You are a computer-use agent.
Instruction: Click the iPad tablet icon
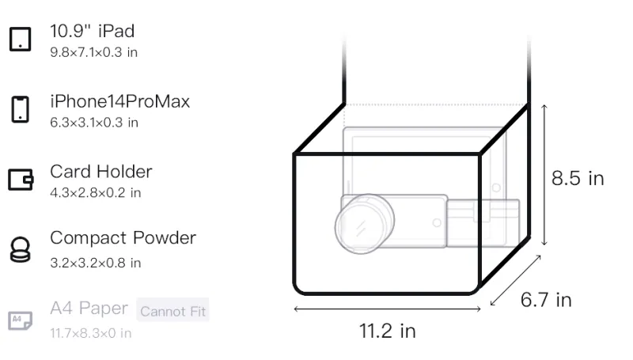click(x=21, y=39)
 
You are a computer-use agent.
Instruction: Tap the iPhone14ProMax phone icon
click(x=21, y=109)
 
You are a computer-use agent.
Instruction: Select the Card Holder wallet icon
click(x=21, y=179)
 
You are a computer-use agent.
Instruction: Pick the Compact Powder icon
click(x=21, y=250)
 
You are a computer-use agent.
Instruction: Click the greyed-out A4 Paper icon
click(x=21, y=320)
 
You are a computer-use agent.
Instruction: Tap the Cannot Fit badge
click(x=172, y=311)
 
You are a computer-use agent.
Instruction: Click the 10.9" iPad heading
click(x=92, y=31)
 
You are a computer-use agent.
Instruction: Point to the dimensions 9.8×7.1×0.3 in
click(x=93, y=52)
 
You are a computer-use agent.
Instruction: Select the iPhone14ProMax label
click(x=120, y=101)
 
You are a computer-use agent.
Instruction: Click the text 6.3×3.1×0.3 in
click(x=94, y=123)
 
